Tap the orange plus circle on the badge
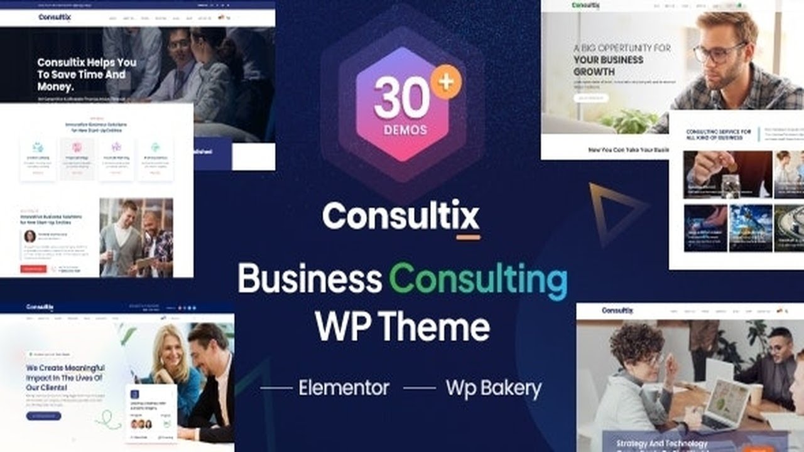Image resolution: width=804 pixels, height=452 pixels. coord(446,82)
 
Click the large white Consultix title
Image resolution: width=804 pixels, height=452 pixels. coord(401,215)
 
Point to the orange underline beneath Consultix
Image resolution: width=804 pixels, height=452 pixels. coord(468,237)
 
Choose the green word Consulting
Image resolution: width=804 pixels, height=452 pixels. coord(478,280)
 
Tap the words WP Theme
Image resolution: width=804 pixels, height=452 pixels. coord(402,326)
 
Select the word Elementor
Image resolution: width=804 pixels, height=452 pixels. coord(344,388)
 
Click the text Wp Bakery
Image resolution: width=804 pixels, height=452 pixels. coord(493,388)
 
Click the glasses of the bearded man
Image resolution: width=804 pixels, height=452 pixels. coord(719,51)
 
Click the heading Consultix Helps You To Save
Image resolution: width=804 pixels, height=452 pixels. coord(87,74)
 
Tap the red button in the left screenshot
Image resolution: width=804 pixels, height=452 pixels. coord(34,269)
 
